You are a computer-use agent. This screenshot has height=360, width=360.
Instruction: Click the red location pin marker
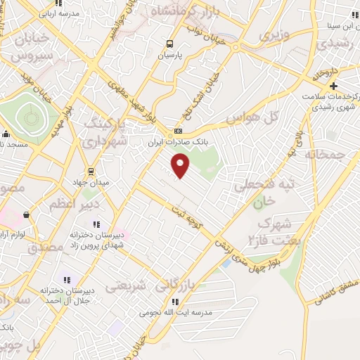click(181, 165)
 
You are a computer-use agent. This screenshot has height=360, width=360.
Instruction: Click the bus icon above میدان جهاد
click(90, 171)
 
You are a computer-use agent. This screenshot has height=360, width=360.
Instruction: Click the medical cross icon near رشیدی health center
click(333, 85)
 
